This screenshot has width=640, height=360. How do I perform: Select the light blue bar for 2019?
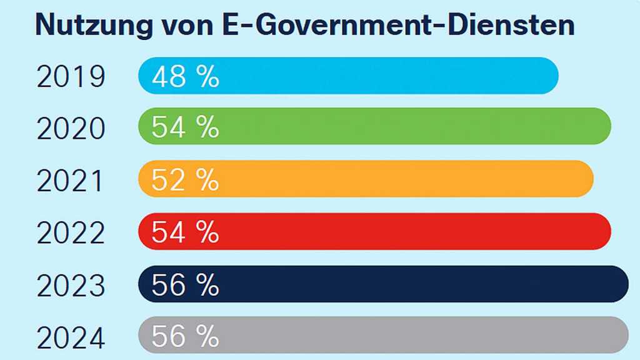coord(375,76)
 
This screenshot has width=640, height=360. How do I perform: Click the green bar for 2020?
coord(400,126)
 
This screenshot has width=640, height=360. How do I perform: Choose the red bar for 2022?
coord(400,231)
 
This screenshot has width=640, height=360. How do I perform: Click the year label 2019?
coord(71,77)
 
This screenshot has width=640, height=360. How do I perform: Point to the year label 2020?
coord(71,129)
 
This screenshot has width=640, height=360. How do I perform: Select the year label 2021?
coord(71,181)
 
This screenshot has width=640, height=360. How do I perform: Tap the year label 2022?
coord(71,233)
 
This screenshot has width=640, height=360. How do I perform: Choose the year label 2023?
coord(71,286)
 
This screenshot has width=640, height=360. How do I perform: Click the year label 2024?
coord(71,337)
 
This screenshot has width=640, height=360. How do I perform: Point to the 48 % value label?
coord(186,77)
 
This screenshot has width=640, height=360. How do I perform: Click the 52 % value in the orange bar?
coord(186,180)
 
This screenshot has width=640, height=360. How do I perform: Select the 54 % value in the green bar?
coord(186,128)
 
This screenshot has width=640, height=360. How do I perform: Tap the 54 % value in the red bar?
coord(186,232)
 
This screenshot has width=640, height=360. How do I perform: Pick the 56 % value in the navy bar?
coord(186,285)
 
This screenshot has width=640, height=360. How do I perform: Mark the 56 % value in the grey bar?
coord(186,336)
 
